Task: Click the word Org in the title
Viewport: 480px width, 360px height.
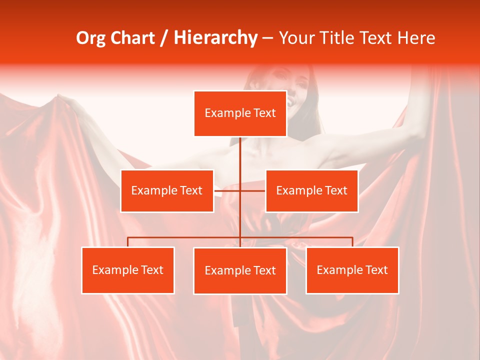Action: (92, 38)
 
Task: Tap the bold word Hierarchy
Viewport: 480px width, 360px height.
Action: (215, 38)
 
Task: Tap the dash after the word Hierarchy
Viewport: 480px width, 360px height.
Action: (267, 38)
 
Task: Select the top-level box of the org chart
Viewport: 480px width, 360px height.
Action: (240, 113)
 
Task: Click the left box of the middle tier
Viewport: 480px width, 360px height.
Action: (167, 190)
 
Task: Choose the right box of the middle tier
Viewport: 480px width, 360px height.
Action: (311, 190)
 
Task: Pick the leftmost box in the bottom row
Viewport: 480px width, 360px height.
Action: (128, 270)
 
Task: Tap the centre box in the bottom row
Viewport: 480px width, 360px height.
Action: (240, 270)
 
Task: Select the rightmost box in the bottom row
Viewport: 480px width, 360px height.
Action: (352, 270)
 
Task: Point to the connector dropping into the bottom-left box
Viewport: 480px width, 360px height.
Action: (128, 242)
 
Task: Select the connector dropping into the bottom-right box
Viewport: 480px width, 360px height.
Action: (352, 242)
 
